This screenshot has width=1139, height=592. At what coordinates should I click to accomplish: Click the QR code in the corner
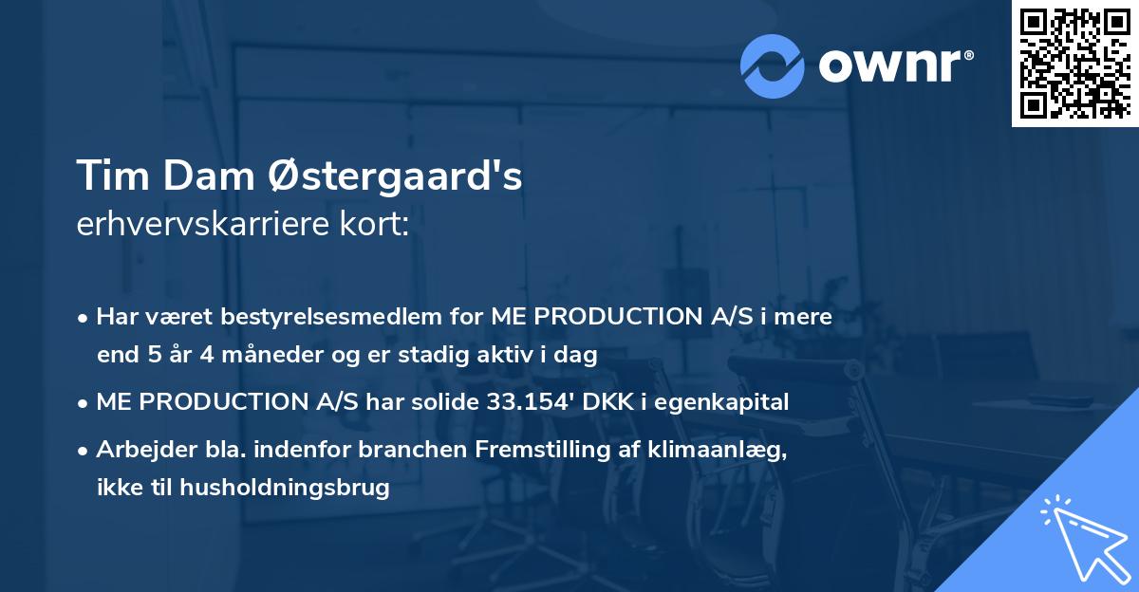pos(1074,63)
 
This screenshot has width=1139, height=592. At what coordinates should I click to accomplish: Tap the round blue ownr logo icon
pos(773,65)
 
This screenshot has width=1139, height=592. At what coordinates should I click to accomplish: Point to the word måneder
pos(251,356)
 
